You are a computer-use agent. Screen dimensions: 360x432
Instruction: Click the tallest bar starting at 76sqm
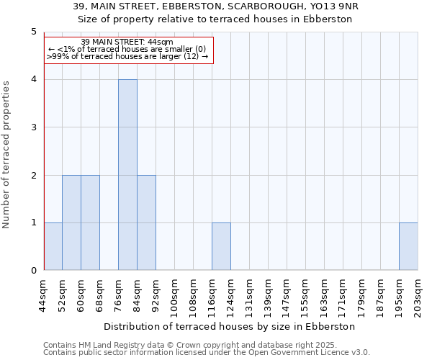127,175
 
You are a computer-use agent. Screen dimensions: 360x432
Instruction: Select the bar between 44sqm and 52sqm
53,246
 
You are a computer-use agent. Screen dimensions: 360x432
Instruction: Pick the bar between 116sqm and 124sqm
221,246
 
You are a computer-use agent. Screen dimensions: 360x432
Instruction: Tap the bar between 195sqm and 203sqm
408,246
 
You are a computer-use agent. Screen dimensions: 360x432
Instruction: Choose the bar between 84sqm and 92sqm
146,222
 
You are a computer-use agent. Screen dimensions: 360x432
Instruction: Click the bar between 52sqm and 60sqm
71,222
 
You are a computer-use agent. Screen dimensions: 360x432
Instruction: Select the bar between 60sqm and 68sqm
90,222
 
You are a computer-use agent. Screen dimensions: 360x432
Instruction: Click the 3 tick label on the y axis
33,127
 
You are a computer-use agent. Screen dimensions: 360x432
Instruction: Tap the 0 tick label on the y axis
33,271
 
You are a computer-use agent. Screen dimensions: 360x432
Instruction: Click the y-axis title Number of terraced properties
7,154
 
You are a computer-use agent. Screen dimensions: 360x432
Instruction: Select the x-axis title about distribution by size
230,326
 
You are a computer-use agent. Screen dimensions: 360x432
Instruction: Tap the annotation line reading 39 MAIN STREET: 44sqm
127,42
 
